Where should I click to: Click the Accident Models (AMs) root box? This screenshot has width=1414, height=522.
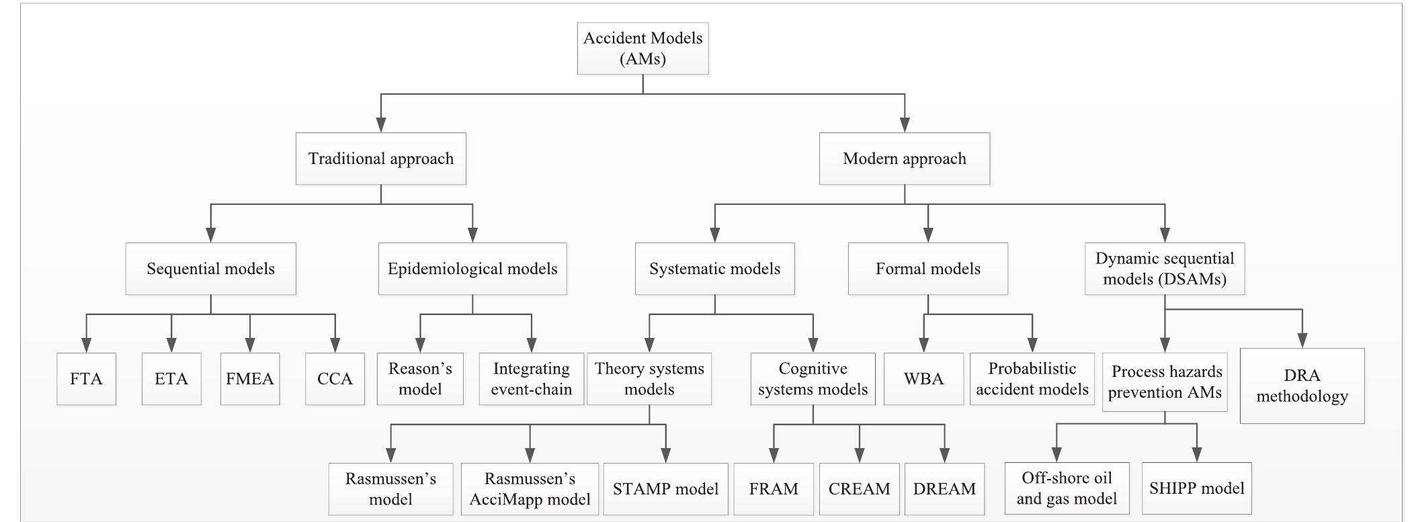pyautogui.click(x=642, y=48)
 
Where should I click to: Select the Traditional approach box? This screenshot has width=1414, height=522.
pyautogui.click(x=380, y=159)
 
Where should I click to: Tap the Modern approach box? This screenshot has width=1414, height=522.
pyautogui.click(x=904, y=159)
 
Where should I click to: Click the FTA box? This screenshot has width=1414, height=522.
pyautogui.click(x=86, y=379)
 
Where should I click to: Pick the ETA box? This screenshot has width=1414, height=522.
pyautogui.click(x=171, y=379)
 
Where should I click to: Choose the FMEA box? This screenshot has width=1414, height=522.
pyautogui.click(x=250, y=379)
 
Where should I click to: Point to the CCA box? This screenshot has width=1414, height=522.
pyautogui.click(x=335, y=379)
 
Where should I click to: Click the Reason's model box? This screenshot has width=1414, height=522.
pyautogui.click(x=420, y=379)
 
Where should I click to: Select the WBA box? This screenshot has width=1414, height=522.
pyautogui.click(x=923, y=379)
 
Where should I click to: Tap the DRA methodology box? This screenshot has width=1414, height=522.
pyautogui.click(x=1302, y=386)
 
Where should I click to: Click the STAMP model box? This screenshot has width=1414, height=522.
pyautogui.click(x=665, y=489)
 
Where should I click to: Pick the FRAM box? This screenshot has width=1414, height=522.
pyautogui.click(x=774, y=489)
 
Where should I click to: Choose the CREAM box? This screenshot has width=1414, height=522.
pyautogui.click(x=859, y=489)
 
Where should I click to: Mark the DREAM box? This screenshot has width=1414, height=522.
pyautogui.click(x=944, y=489)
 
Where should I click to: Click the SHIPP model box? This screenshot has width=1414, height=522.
pyautogui.click(x=1196, y=488)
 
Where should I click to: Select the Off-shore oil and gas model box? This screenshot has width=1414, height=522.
pyautogui.click(x=1067, y=488)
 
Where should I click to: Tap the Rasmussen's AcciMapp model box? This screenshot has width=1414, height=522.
pyautogui.click(x=530, y=489)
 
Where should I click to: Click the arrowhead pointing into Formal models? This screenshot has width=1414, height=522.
pyautogui.click(x=928, y=235)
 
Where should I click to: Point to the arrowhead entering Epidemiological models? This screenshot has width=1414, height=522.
pyautogui.click(x=472, y=235)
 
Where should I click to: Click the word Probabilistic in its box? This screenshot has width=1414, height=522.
pyautogui.click(x=1032, y=369)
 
